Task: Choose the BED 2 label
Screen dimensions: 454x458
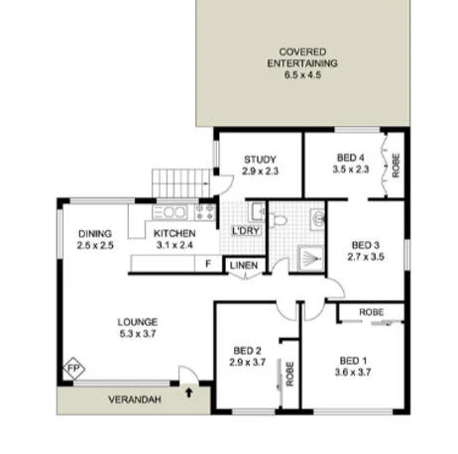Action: tap(248, 350)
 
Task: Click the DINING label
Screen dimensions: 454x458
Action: tap(95, 234)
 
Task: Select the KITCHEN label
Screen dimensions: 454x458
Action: tap(173, 234)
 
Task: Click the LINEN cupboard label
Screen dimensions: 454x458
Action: tap(244, 266)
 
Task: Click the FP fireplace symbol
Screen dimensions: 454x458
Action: tap(72, 368)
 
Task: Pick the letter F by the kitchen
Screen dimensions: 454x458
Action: tap(207, 264)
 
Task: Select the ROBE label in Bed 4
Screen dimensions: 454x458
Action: tap(395, 164)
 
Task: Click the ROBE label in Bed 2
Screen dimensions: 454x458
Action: tap(289, 374)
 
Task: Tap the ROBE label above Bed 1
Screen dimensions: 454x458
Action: tap(372, 312)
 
